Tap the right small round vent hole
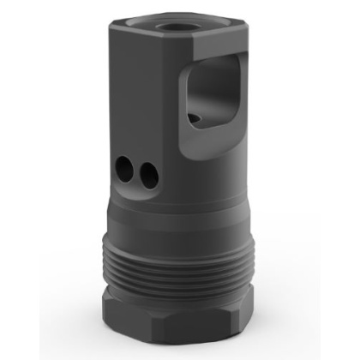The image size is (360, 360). pyautogui.click(x=150, y=175)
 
